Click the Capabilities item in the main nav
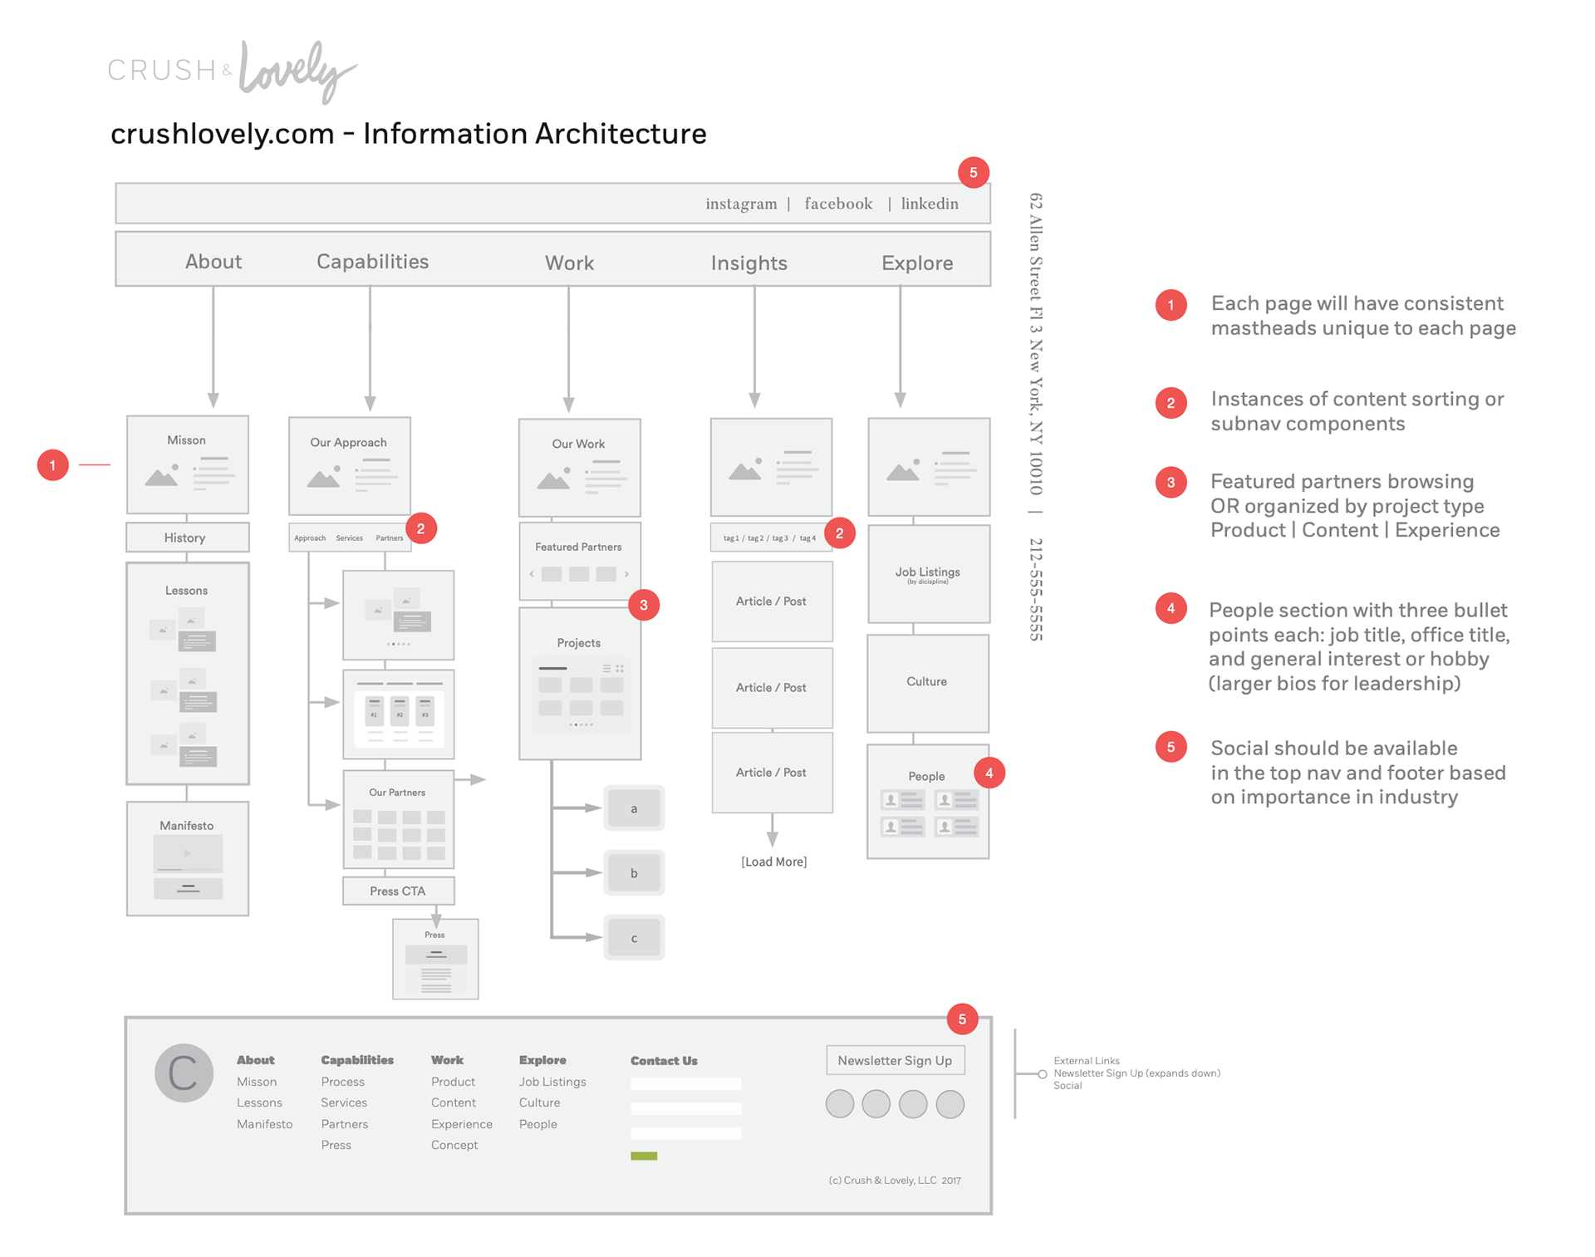372,262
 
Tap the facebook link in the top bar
838,204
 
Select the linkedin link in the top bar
930,204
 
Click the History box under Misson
187,538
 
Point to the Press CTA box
398,891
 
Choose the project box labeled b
634,873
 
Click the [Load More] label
773,862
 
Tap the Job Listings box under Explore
928,574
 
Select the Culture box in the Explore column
927,682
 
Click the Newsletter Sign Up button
895,1060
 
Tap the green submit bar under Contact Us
644,1156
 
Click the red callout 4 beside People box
989,773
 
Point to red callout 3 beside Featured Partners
644,605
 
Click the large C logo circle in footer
184,1073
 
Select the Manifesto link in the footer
264,1124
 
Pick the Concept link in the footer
454,1145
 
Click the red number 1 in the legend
1170,305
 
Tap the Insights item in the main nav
748,263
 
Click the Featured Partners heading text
578,547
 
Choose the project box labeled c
634,938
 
